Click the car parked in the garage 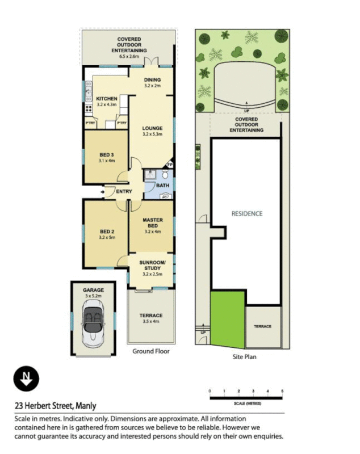point(93,326)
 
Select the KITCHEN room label point(106,99)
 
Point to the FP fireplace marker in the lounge point(169,165)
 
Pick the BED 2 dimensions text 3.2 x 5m point(107,237)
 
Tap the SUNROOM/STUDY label point(153,265)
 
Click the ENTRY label point(124,192)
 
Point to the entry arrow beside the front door point(102,192)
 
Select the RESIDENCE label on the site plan point(246,214)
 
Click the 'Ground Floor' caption point(151,351)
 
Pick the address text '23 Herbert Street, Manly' point(55,405)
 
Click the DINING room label point(152,80)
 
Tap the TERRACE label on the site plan point(263,326)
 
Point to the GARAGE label point(93,289)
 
